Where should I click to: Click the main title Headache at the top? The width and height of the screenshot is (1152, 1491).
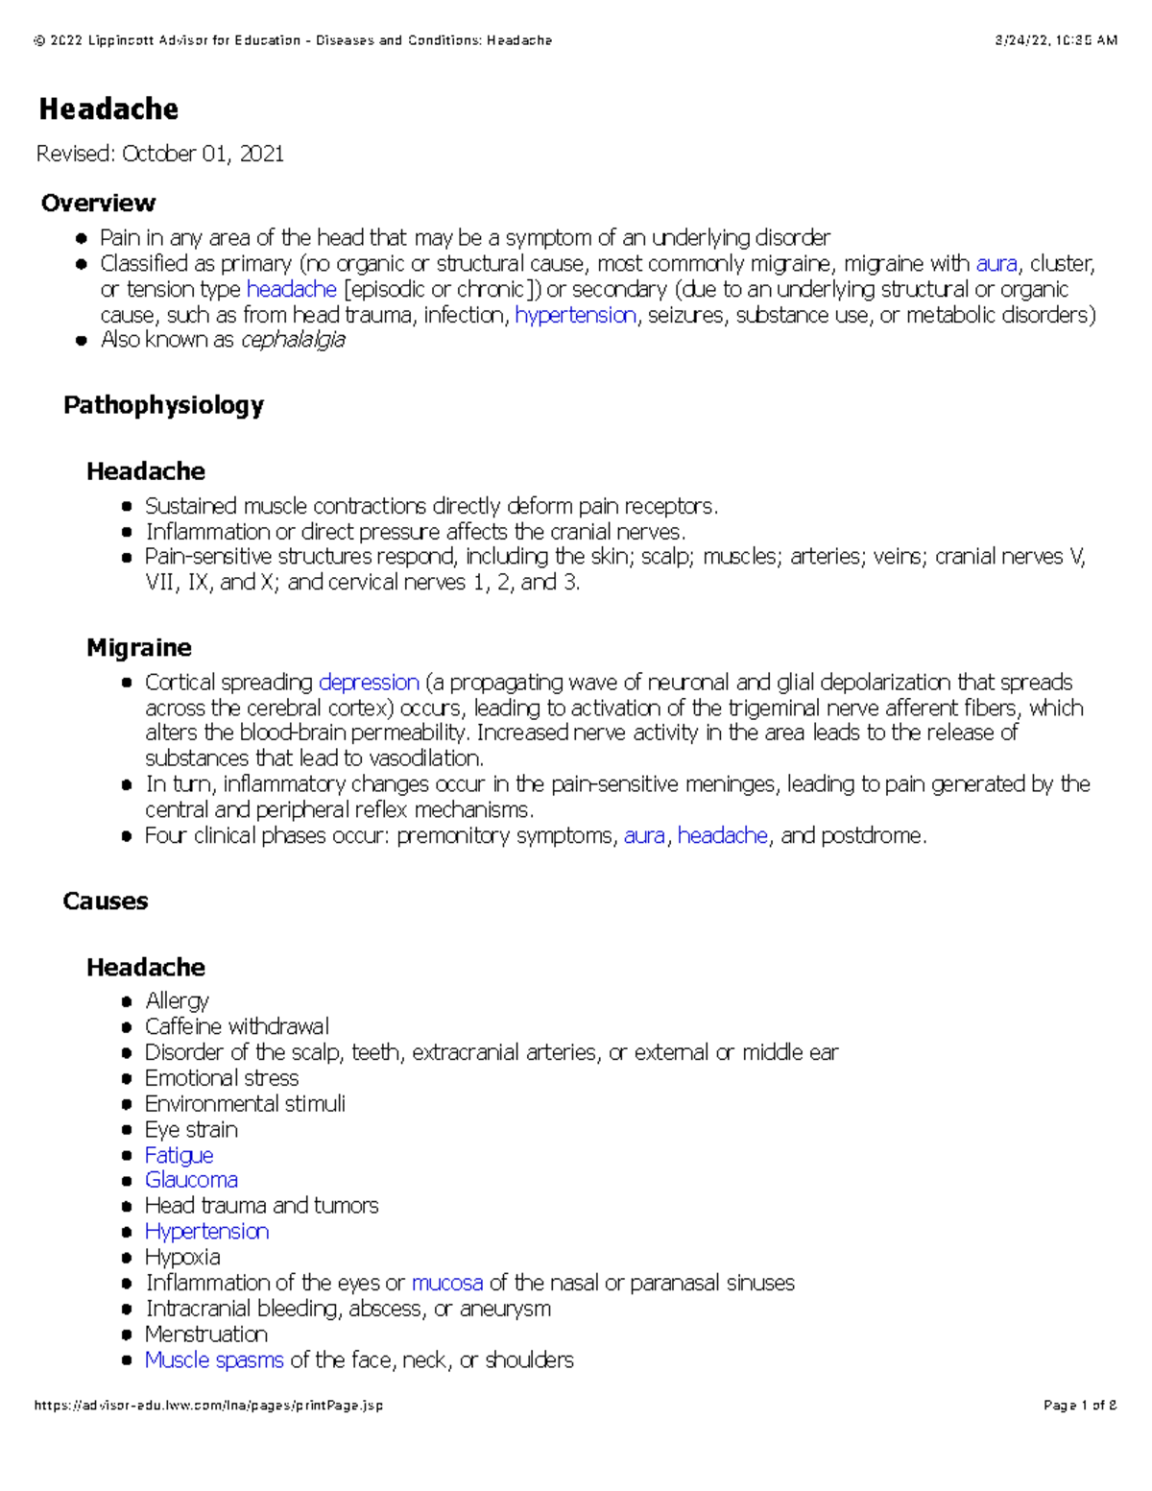[108, 109]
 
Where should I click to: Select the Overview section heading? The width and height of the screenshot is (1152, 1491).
[98, 203]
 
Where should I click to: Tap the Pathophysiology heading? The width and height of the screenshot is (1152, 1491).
[163, 405]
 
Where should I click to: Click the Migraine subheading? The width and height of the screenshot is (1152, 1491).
[139, 648]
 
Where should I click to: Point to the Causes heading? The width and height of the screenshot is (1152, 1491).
[106, 902]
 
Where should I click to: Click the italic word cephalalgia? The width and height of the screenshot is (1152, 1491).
[293, 340]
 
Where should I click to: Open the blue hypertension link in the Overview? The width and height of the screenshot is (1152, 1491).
[575, 315]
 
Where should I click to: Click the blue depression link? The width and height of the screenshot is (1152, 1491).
[369, 683]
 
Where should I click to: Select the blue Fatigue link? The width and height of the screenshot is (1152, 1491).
[179, 1155]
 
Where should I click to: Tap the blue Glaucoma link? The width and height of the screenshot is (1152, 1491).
[191, 1180]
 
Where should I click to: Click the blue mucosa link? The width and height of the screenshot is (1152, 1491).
[447, 1283]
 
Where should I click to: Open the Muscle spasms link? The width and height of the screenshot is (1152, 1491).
[214, 1359]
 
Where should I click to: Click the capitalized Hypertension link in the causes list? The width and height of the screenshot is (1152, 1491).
[206, 1232]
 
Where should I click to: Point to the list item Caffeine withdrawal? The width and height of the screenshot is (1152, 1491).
[236, 1026]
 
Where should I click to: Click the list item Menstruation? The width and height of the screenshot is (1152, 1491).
[206, 1335]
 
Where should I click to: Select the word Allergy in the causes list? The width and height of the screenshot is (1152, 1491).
[177, 1000]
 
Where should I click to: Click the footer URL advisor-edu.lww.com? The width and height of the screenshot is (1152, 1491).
[208, 1406]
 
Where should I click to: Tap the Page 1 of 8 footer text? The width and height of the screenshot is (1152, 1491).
[1080, 1406]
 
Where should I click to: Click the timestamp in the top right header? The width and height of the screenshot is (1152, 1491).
[1056, 40]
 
